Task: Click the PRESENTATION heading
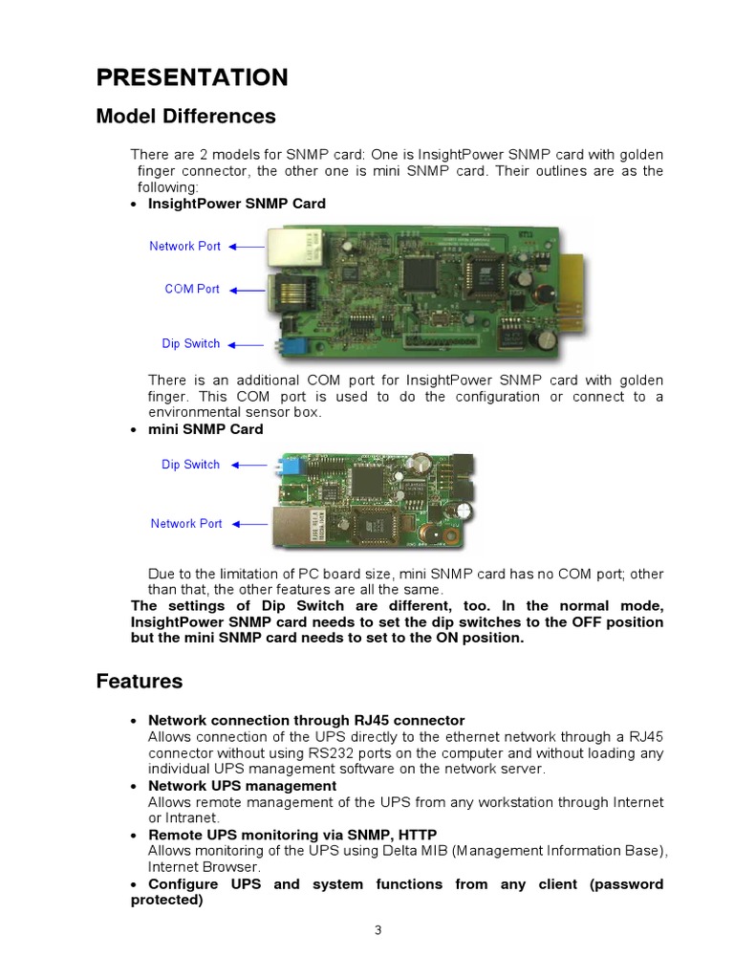[191, 77]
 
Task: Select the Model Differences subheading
[185, 117]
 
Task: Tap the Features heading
[139, 682]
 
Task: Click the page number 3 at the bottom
[378, 932]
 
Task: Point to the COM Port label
[192, 289]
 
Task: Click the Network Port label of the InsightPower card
[184, 246]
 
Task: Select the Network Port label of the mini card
[186, 523]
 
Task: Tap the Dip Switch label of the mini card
[190, 465]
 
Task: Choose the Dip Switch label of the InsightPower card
[190, 343]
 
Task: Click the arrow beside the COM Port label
[247, 290]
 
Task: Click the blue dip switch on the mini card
[286, 467]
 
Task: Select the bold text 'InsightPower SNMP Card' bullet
[236, 204]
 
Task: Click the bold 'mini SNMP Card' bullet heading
[205, 429]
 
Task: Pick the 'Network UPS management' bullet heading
[242, 786]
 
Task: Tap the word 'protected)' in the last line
[166, 900]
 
